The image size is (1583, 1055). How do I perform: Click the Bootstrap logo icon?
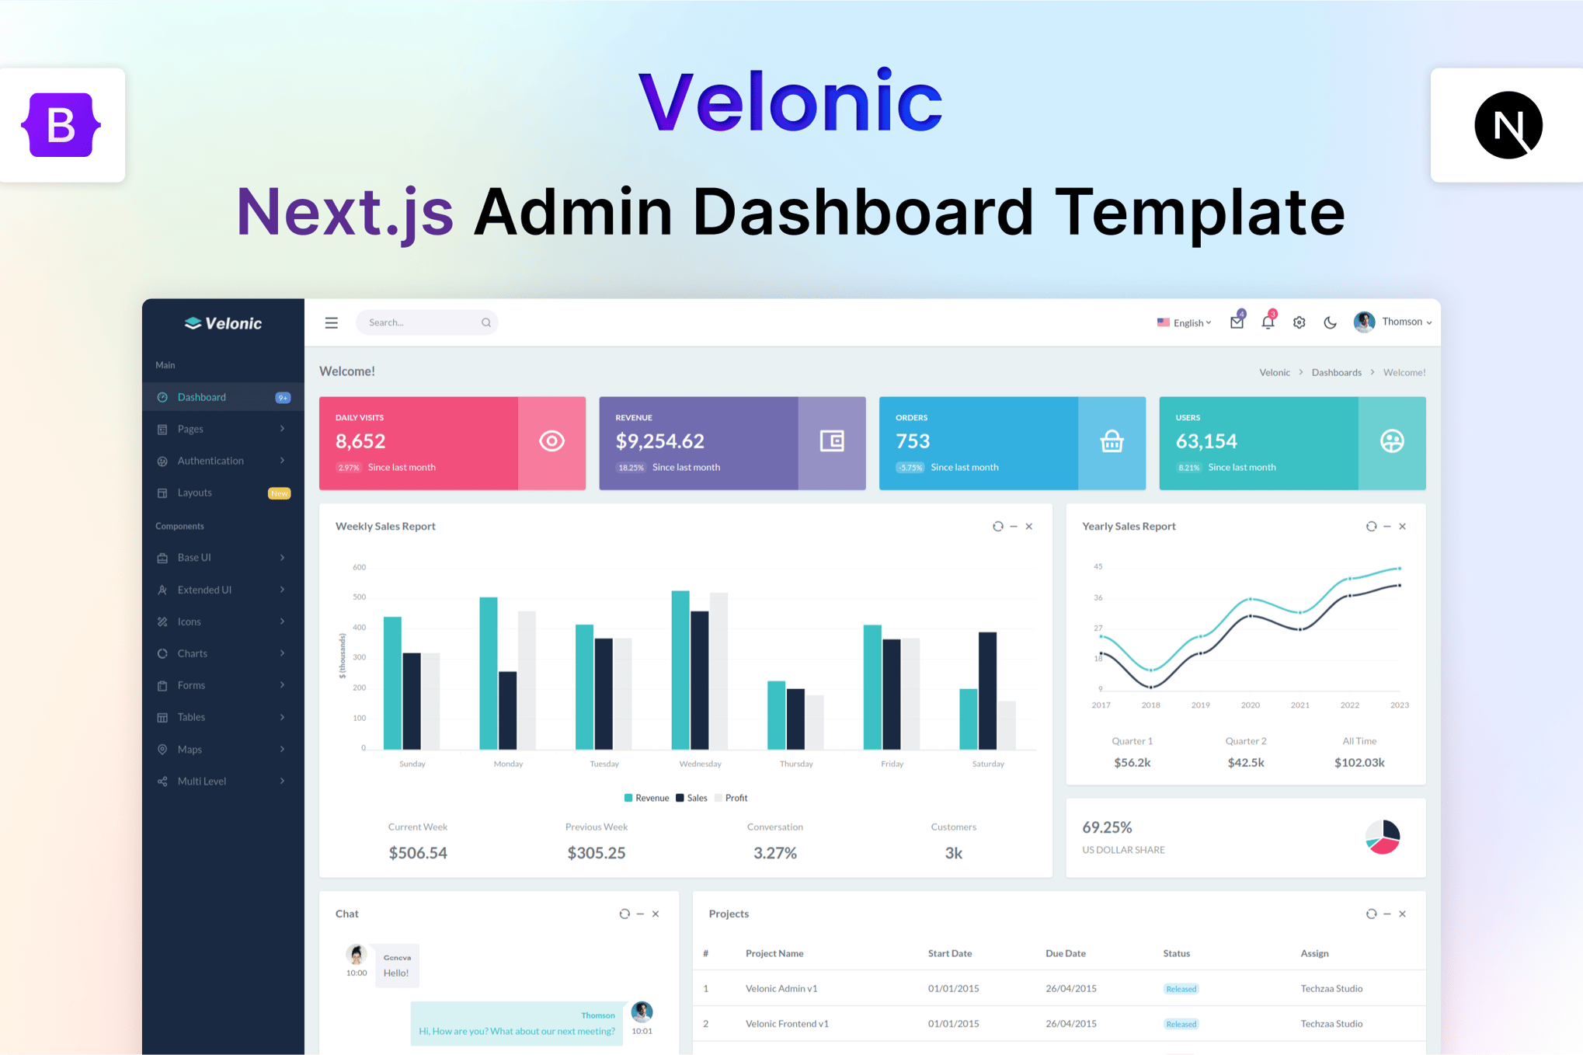click(61, 125)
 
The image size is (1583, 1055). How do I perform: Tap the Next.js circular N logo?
click(1508, 125)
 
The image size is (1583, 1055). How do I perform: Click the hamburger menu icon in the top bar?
click(331, 322)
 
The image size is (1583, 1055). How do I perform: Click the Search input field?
click(426, 322)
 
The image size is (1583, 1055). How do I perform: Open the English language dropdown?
click(1184, 322)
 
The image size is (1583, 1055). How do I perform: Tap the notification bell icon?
click(1268, 322)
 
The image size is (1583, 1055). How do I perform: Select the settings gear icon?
click(1299, 322)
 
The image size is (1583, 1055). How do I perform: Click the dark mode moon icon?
click(1330, 322)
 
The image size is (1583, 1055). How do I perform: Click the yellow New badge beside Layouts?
click(279, 493)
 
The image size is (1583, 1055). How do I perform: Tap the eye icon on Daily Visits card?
click(551, 441)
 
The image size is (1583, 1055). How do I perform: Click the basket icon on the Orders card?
click(1112, 441)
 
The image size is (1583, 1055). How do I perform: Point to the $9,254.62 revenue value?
click(659, 441)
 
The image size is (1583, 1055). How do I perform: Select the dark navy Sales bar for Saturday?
click(987, 691)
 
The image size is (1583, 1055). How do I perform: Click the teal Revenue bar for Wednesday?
click(680, 670)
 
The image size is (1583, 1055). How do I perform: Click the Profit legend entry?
click(731, 798)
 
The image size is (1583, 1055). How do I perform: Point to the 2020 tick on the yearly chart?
click(1250, 705)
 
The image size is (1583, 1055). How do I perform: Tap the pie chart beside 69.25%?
click(1383, 837)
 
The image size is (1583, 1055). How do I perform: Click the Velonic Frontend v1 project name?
click(787, 1024)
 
